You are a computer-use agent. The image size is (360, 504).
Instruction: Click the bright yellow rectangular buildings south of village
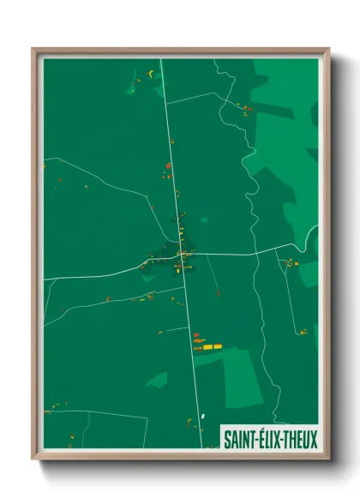point(207,347)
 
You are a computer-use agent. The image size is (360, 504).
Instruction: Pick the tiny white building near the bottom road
point(203,417)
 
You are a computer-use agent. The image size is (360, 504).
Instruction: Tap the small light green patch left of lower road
point(157,378)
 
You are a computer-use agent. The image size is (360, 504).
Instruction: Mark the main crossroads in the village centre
point(183,255)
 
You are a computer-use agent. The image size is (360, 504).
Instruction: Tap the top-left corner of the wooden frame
point(33,50)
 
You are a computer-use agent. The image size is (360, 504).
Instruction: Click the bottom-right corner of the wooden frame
point(328,459)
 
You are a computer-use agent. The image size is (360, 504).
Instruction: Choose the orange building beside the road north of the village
point(168,166)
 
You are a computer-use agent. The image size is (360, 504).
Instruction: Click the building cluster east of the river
point(291,262)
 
